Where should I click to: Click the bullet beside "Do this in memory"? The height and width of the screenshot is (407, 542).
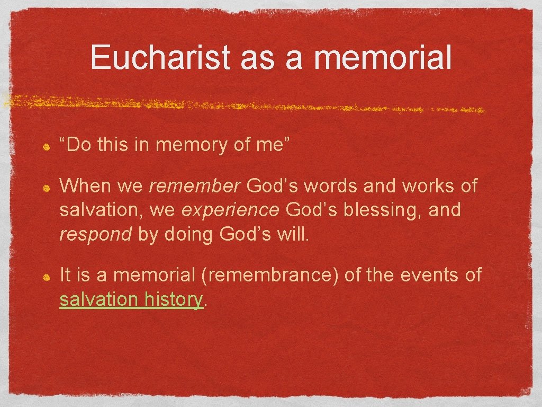tap(47, 146)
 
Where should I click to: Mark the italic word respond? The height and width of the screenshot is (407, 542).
tap(95, 234)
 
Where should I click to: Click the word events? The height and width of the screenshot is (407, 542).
tap(425, 275)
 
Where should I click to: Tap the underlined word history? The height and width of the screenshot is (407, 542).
tap(173, 299)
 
